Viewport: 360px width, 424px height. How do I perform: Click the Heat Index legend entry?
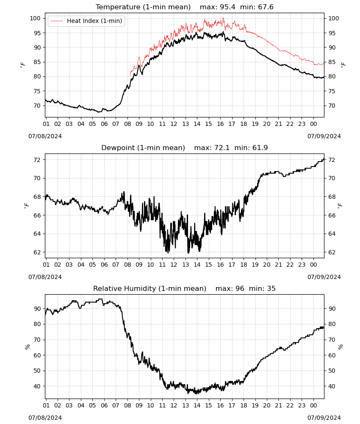tap(86, 21)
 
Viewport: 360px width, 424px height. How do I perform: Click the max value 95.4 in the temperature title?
tap(227, 7)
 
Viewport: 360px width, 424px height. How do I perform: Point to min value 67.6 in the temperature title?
tap(266, 7)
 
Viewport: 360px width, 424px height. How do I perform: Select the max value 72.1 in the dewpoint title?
tap(222, 148)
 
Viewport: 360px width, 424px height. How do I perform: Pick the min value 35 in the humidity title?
tap(271, 288)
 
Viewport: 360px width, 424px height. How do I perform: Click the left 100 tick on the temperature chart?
tap(35, 18)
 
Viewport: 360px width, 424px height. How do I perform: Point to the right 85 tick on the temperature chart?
tap(332, 62)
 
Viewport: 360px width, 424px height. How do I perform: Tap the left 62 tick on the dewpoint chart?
tap(37, 252)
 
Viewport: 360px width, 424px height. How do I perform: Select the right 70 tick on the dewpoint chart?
tap(332, 178)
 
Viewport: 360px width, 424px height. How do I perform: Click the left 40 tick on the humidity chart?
tap(37, 386)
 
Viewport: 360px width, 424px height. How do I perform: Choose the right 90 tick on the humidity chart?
tap(332, 309)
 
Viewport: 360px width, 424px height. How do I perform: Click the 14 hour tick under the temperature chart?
tap(197, 124)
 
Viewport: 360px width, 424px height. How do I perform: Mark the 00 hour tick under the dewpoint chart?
tap(313, 265)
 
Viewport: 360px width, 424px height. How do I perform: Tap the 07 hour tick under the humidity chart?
tap(116, 406)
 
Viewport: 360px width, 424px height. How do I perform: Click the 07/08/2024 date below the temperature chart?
tap(45, 136)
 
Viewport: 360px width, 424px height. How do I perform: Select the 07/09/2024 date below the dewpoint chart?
tap(324, 277)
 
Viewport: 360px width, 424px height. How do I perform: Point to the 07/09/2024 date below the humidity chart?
tap(324, 418)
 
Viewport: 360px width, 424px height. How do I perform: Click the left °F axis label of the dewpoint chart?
tap(26, 205)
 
